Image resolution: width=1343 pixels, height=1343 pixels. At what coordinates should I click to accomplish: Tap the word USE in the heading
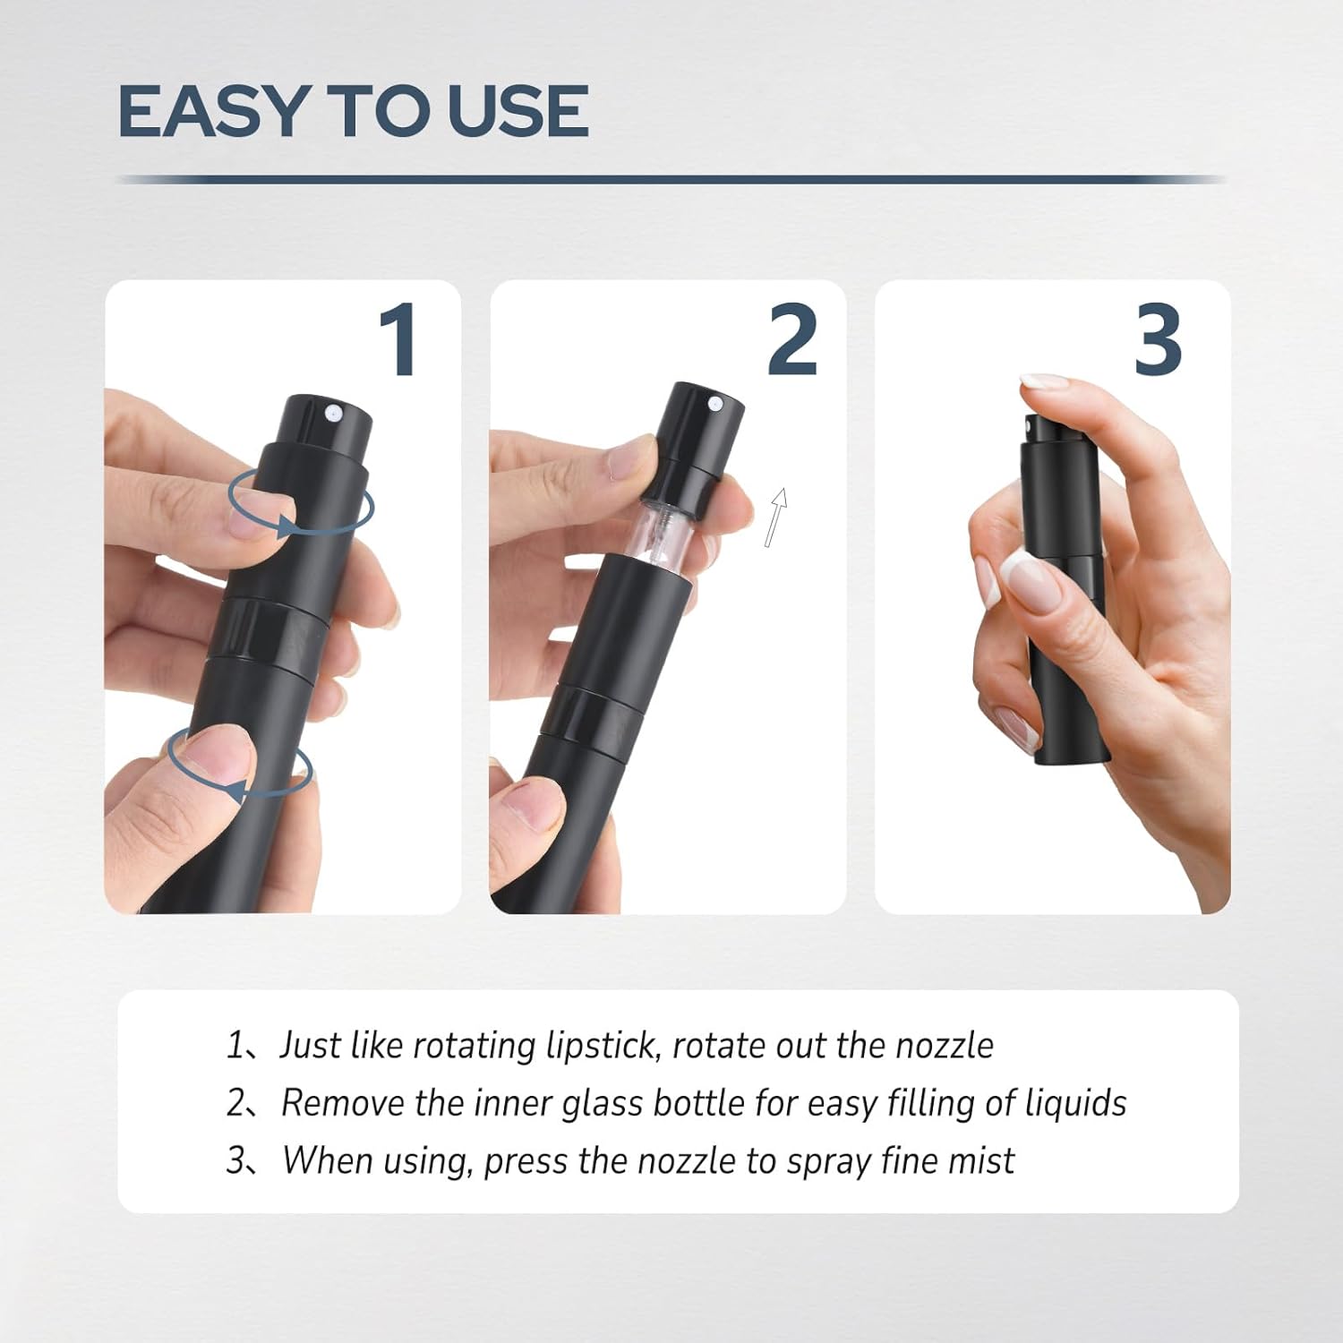(518, 111)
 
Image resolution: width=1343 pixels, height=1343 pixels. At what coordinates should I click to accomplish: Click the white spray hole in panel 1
(333, 413)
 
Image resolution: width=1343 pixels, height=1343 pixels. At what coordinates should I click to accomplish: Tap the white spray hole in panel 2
(715, 405)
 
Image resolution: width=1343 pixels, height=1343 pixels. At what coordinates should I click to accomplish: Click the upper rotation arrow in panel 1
(301, 506)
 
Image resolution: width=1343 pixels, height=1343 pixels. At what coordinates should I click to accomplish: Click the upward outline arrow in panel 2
(776, 517)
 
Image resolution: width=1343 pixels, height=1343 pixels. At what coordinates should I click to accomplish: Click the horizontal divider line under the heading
(671, 180)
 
